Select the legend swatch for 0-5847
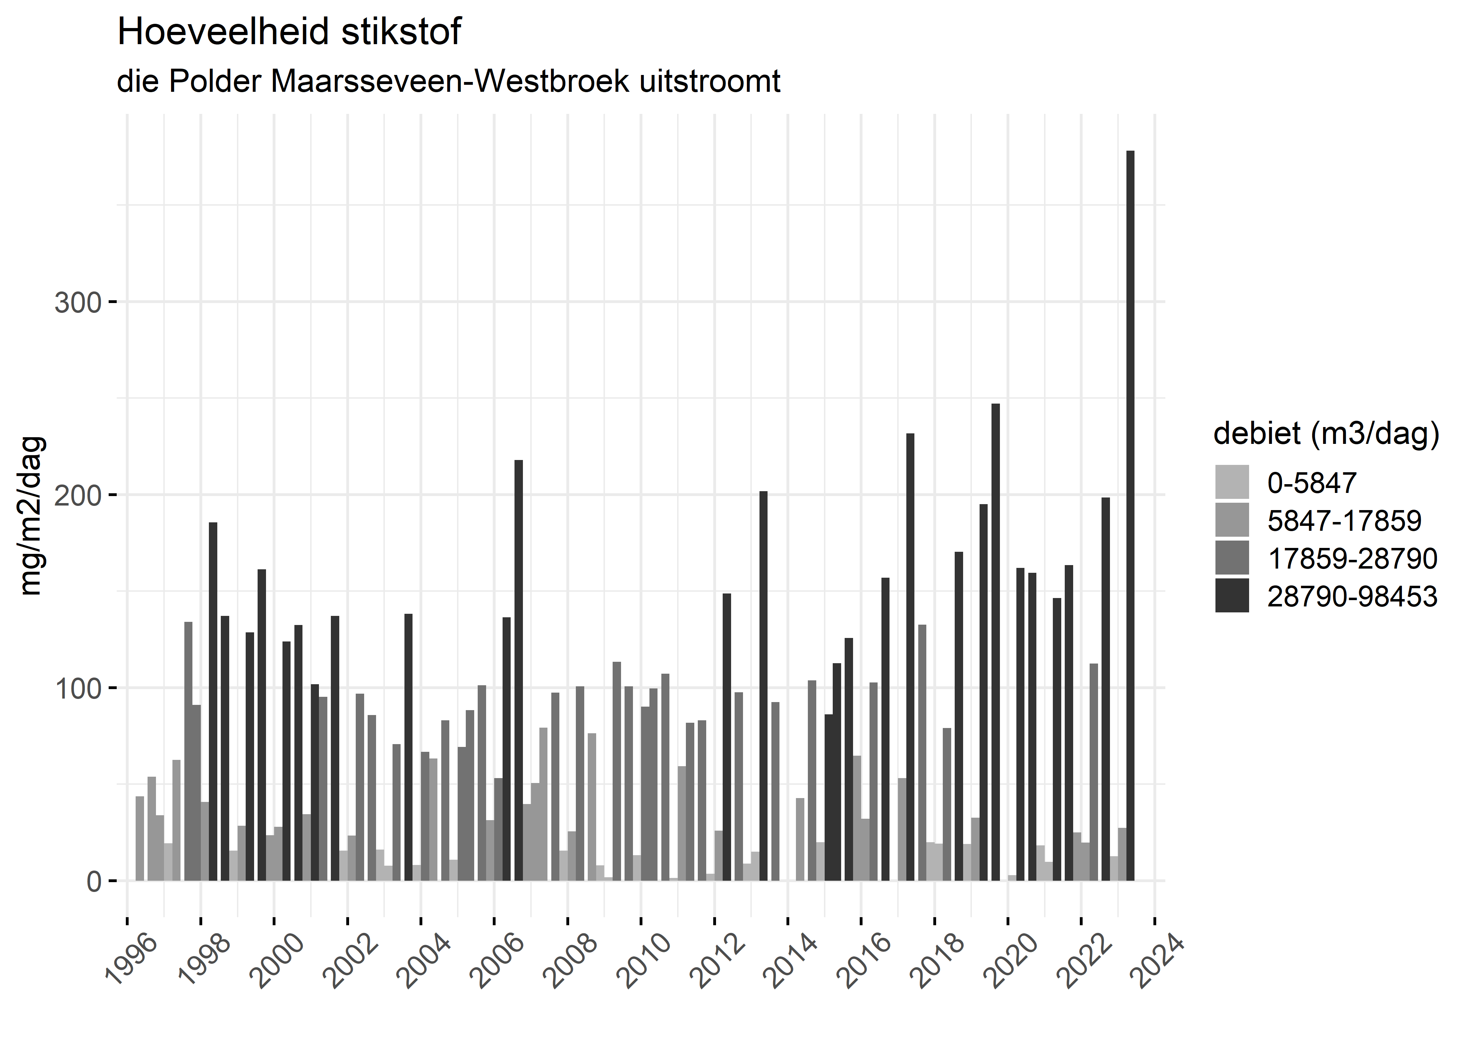1232,482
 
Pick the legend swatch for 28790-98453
1232,596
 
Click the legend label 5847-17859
1344,520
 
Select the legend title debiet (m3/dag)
1326,434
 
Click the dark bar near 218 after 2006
518,670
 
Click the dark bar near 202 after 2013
763,686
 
